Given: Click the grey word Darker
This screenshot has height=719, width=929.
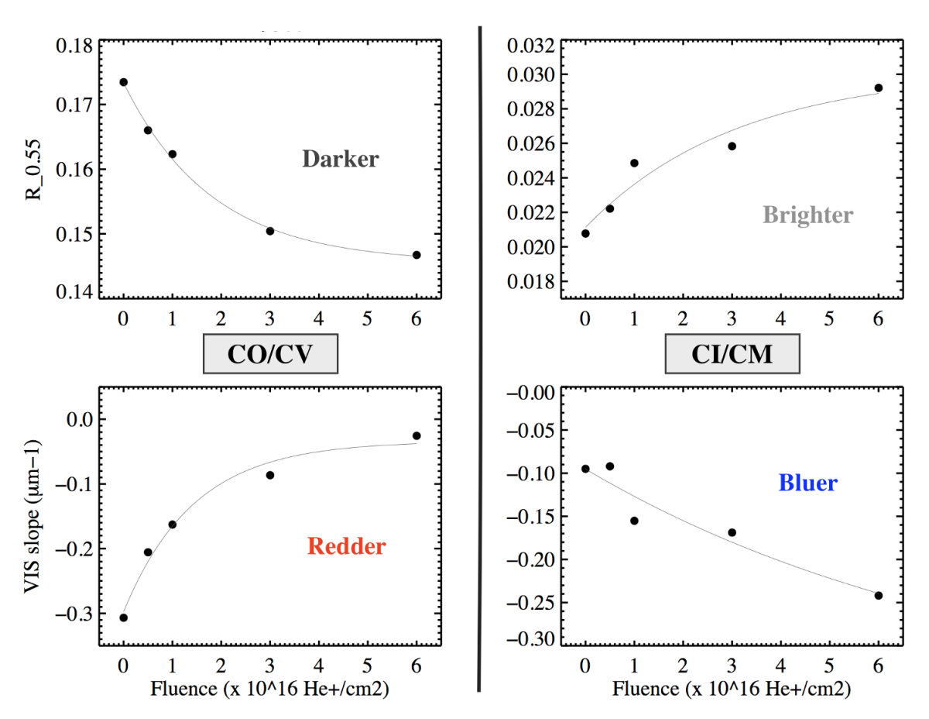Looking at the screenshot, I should [340, 160].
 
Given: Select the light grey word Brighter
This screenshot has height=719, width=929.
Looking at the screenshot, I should [807, 215].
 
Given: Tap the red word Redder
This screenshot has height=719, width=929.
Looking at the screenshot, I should [346, 546].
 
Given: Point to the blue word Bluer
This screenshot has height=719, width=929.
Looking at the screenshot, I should [807, 483].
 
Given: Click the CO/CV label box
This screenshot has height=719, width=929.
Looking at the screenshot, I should [271, 355].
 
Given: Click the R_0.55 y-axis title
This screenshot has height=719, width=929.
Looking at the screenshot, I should [34, 169].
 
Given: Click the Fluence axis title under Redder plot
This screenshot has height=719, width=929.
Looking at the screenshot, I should [270, 688].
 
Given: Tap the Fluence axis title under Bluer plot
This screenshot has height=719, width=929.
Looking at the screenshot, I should [732, 688].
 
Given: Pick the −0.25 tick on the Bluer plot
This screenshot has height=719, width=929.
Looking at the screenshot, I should [529, 602].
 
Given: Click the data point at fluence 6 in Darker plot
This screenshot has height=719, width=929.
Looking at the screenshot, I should [417, 255].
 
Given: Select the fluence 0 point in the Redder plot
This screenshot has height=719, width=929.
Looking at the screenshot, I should [123, 618].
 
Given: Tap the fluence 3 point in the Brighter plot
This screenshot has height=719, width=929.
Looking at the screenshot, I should [732, 146].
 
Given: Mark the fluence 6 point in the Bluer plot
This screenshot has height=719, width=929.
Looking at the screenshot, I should [878, 595].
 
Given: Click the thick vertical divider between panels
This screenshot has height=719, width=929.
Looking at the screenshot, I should [479, 356].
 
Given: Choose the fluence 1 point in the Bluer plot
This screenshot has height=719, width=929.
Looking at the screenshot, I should [634, 521].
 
